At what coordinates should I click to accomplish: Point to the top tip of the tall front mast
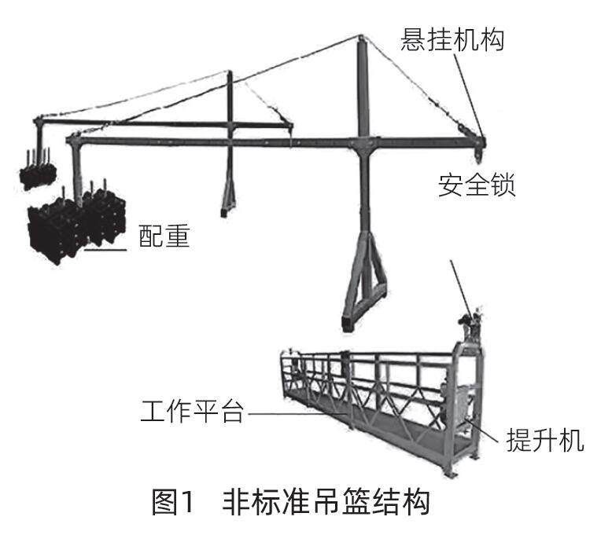(x=361, y=38)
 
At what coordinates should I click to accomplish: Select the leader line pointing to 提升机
(x=484, y=431)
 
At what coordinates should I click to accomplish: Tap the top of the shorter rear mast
(x=230, y=75)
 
